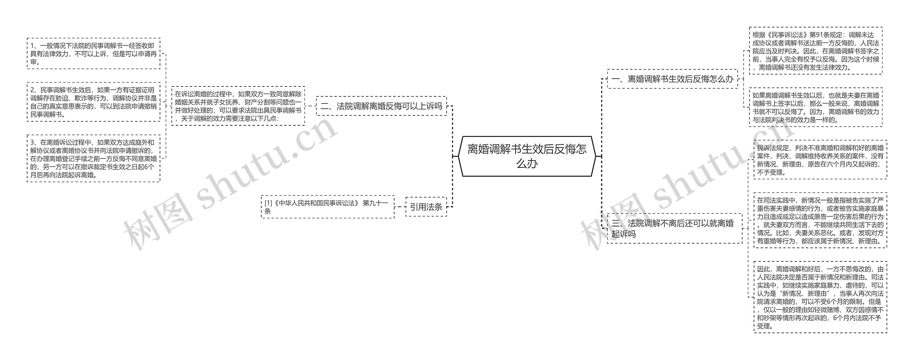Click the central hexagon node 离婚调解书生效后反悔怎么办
527,156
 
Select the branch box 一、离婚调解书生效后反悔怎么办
672,79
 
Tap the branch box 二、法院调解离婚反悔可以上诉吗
381,106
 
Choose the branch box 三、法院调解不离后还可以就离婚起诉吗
674,229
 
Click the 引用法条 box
426,207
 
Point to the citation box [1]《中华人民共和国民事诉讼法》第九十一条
328,207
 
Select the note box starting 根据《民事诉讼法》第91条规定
815,51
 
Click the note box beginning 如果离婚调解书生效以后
815,107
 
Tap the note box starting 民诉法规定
820,160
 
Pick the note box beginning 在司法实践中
820,220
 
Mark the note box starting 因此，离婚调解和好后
820,297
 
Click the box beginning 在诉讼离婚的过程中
238,106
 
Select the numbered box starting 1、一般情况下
94,54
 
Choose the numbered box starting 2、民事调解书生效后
94,102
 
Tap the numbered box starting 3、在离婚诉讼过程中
94,158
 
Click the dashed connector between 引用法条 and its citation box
400,207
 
